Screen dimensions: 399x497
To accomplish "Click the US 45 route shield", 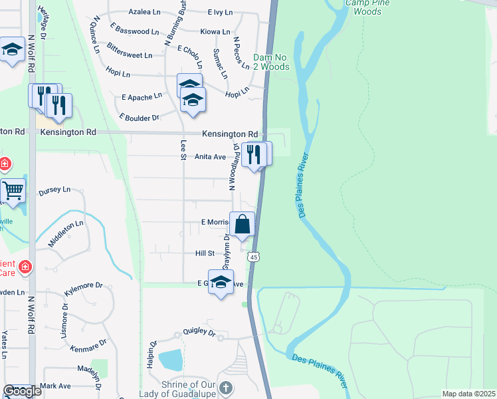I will [253, 257].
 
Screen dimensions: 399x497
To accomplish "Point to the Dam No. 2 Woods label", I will [272, 62].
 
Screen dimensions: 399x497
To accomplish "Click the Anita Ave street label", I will [210, 157].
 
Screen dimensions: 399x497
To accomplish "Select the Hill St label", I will [205, 253].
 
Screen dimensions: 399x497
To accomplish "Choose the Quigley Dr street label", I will [199, 332].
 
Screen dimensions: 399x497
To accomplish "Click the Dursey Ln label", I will [55, 190].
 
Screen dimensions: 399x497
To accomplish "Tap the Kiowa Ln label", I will [215, 31].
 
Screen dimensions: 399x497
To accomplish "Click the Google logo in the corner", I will [22, 391].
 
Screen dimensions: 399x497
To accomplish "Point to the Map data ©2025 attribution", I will [469, 394].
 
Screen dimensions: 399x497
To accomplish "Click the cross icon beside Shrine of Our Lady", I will [226, 388].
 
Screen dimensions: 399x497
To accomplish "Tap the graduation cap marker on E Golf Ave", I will [221, 281].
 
